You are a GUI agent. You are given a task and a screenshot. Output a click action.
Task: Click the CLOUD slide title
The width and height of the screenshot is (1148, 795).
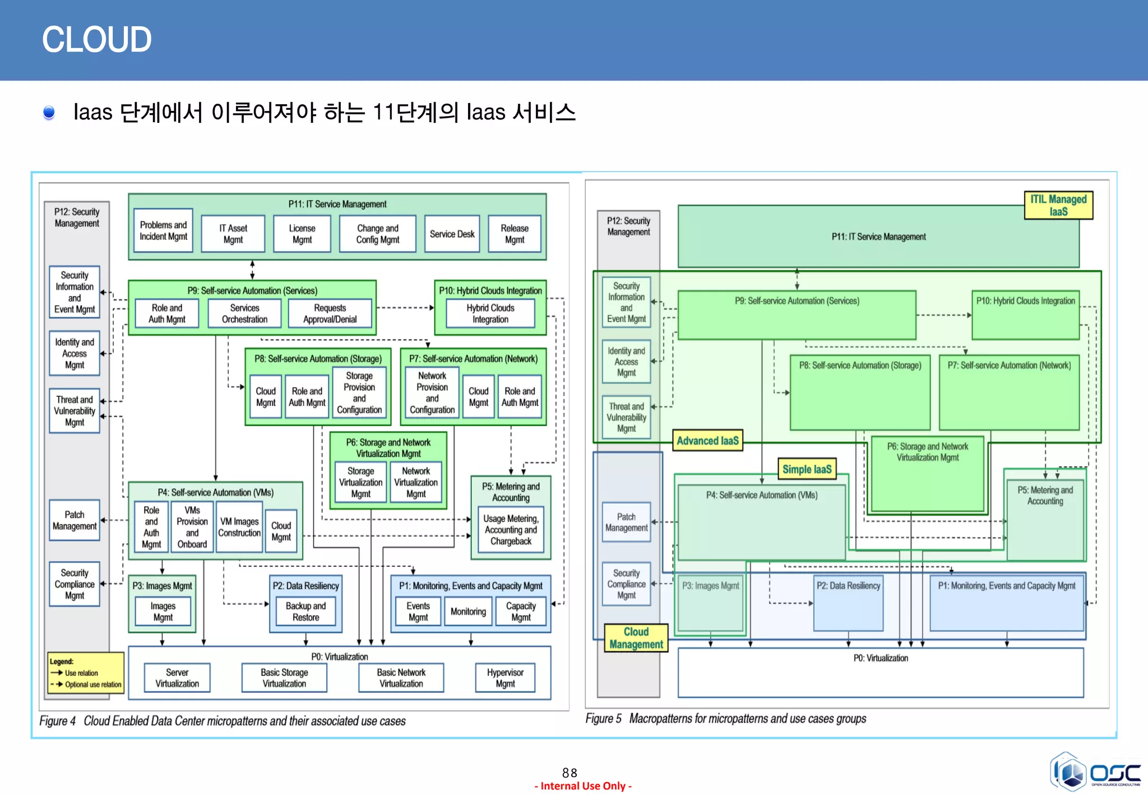[96, 40]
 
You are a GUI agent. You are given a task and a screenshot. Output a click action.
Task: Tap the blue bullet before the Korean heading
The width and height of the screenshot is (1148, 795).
[49, 113]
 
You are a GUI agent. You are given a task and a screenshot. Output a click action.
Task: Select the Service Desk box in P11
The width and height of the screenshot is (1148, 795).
[452, 234]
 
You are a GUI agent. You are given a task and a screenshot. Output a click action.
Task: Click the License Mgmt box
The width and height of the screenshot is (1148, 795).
[302, 234]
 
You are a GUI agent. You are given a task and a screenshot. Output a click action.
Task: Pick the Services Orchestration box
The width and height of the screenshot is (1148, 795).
[244, 313]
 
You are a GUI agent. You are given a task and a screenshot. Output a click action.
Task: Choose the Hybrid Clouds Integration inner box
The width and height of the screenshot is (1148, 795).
[490, 313]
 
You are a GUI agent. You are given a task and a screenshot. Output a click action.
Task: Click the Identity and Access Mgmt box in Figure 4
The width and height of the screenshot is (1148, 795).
[75, 353]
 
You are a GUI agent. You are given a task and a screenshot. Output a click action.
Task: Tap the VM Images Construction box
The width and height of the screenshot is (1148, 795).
[239, 527]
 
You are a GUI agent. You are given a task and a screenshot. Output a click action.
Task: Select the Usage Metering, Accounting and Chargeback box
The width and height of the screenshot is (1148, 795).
[511, 530]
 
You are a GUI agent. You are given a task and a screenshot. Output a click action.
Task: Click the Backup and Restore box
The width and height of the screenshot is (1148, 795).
[305, 611]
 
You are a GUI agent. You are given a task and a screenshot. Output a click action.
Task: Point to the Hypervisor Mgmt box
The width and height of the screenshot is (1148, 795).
[505, 678]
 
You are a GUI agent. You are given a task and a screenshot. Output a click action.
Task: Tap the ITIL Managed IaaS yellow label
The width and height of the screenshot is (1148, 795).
[1058, 205]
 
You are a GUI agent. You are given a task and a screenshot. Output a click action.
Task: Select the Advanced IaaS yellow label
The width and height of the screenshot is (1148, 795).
[707, 441]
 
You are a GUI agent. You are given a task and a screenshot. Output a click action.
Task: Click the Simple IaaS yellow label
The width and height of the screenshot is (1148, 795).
[807, 469]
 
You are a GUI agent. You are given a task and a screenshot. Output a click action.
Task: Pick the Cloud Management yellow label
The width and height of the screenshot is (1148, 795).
[636, 638]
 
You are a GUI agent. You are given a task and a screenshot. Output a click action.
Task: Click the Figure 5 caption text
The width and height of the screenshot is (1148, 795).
[725, 718]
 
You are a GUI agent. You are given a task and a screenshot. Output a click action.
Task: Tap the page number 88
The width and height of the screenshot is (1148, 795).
[570, 773]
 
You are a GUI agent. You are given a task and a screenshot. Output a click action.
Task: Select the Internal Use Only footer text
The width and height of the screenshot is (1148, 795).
[583, 786]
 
